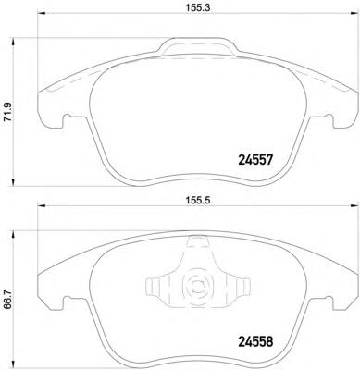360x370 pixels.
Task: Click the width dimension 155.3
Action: pos(197,8)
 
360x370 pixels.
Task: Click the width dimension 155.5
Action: pos(198,201)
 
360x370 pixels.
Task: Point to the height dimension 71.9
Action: pos(8,112)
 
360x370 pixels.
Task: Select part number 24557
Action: pos(255,160)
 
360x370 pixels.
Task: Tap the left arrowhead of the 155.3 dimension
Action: pos(42,13)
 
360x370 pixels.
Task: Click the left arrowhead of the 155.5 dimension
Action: pos(42,205)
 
